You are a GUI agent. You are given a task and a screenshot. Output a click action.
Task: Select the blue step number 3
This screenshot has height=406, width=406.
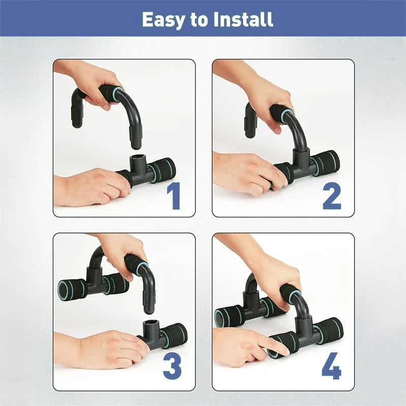173,366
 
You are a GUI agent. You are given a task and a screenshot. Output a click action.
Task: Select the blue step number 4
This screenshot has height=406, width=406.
331,366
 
